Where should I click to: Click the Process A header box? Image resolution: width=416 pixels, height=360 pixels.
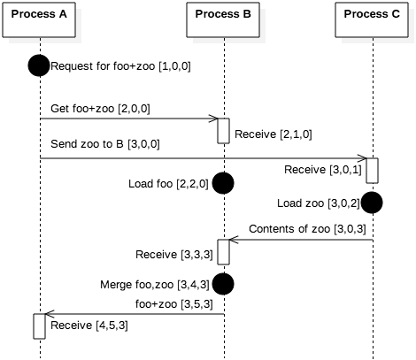click(x=39, y=20)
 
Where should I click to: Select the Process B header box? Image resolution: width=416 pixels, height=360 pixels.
click(x=223, y=20)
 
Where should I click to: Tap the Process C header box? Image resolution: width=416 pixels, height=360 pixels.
click(x=372, y=20)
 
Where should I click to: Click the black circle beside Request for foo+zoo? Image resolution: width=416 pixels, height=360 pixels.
click(x=39, y=65)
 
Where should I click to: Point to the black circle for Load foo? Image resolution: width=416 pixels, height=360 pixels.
click(x=223, y=183)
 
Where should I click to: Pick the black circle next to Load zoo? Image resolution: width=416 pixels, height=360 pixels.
click(x=372, y=203)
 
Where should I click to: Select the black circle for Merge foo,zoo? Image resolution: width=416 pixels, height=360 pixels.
click(x=223, y=284)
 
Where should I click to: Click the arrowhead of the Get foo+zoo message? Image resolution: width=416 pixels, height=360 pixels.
click(x=213, y=119)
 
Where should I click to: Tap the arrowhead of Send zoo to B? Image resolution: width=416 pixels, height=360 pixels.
click(x=362, y=158)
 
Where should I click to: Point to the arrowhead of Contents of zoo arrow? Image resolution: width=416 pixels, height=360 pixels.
click(x=234, y=240)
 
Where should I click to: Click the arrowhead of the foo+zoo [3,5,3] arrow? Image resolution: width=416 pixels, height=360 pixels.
click(x=50, y=314)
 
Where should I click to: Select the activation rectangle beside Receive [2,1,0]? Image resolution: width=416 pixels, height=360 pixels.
click(x=224, y=131)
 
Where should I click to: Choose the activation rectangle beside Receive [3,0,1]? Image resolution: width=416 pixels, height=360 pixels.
click(x=373, y=171)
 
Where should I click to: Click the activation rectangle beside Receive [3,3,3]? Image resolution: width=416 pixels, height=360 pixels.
click(x=224, y=252)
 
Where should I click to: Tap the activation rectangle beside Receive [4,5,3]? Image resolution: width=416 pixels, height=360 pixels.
click(x=39, y=326)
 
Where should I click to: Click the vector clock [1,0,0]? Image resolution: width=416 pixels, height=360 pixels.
click(x=174, y=66)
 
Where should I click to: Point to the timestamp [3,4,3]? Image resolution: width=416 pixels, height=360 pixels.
click(x=193, y=285)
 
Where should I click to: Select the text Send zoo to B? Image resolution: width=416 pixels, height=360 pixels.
click(x=87, y=144)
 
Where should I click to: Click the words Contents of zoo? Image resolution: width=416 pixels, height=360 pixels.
click(x=289, y=229)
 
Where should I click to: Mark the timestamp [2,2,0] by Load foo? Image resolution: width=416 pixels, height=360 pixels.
click(x=192, y=184)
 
